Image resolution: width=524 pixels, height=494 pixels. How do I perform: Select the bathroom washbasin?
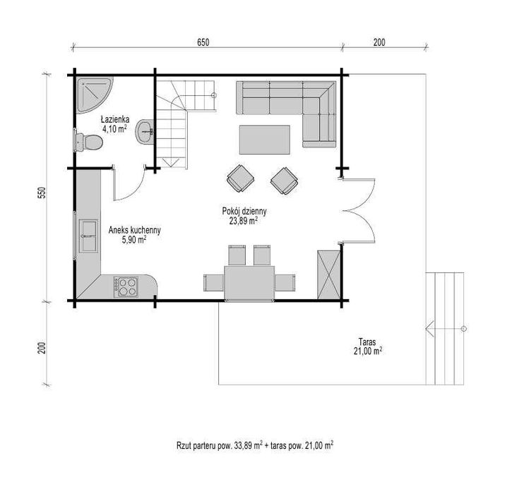145,131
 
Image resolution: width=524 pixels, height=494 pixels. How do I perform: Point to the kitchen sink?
89,236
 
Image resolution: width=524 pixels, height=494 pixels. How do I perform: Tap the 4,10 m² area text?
113,129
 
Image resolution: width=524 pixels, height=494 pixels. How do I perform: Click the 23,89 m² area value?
242,220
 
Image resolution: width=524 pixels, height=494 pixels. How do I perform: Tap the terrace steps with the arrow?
446,327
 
